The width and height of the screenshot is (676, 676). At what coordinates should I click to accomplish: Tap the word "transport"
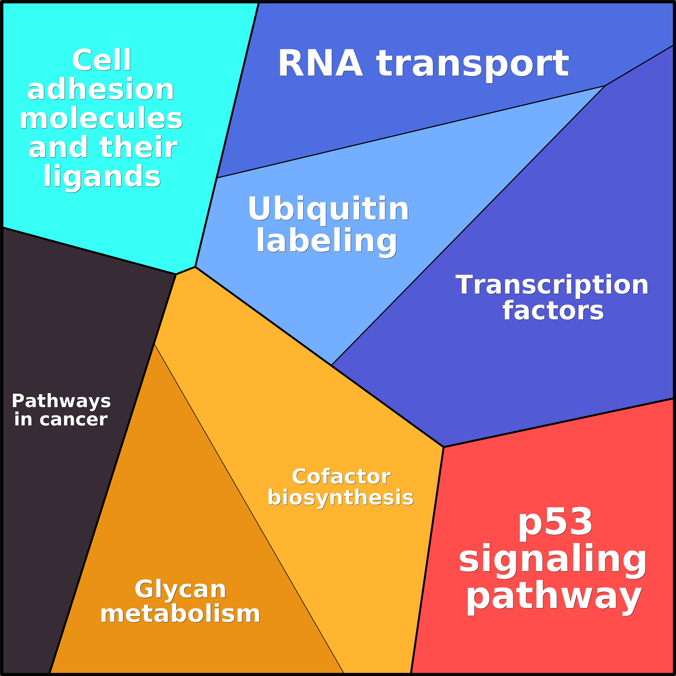472,66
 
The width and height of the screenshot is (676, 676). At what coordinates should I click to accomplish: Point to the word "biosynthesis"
340,498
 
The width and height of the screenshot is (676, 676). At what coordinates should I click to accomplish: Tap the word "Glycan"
180,589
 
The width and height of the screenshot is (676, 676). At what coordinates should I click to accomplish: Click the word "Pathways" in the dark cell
61,401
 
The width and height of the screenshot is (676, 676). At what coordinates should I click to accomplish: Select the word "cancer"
73,420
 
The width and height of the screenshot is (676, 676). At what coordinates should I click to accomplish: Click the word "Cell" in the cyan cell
101,60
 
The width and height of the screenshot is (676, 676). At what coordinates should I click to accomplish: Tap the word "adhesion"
101,89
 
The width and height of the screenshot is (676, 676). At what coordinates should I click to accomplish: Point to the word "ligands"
102,177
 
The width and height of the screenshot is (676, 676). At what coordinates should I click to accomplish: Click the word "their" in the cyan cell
139,147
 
